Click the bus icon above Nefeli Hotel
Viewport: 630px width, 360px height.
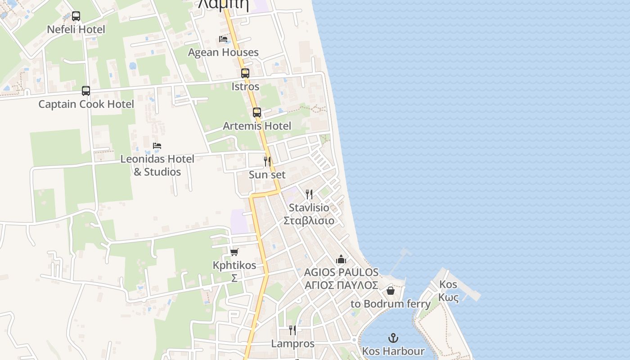(x=76, y=16)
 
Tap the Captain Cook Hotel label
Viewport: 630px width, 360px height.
(x=86, y=104)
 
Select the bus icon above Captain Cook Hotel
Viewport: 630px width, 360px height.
(x=86, y=90)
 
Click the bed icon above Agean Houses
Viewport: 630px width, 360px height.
(x=223, y=39)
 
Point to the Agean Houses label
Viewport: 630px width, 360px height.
(x=223, y=52)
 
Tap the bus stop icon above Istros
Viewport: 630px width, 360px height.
(x=245, y=73)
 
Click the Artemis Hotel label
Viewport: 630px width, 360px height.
(x=257, y=126)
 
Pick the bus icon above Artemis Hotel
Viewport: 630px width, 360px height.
(x=257, y=112)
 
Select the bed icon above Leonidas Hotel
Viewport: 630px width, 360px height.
(x=157, y=146)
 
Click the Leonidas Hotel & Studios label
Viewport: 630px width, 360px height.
(x=157, y=165)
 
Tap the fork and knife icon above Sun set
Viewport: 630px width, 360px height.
(x=267, y=161)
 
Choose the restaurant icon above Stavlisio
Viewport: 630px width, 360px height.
(x=309, y=194)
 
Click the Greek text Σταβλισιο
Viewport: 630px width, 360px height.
(x=309, y=220)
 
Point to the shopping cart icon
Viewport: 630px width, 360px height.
(x=234, y=252)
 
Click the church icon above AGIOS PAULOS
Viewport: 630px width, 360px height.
(x=341, y=260)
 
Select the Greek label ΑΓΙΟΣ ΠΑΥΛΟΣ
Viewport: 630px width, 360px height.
(x=341, y=285)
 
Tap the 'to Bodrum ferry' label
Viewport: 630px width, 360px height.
(x=391, y=304)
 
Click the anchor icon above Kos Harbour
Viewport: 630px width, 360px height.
(x=393, y=337)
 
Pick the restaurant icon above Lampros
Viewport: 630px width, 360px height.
(x=292, y=330)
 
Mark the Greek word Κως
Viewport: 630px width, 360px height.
(x=448, y=297)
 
